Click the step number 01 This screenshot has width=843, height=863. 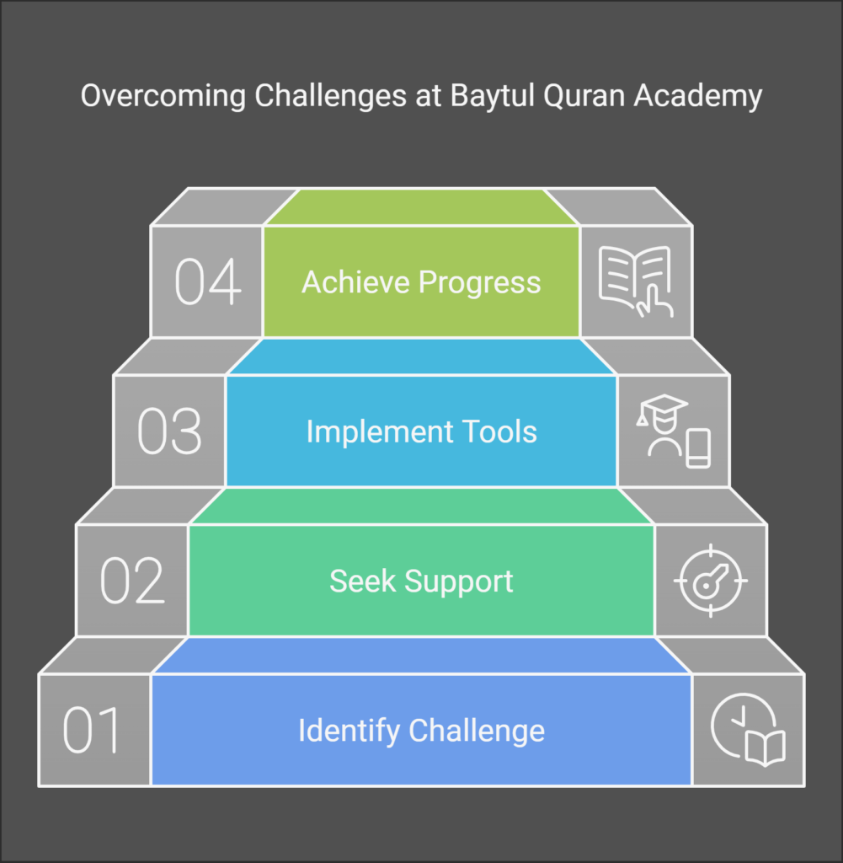point(91,729)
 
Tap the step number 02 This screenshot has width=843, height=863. point(132,580)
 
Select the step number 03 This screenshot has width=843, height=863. point(169,431)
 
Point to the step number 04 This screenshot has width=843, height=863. point(207,281)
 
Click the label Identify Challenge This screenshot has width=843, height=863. point(421,731)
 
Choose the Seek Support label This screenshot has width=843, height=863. point(421,582)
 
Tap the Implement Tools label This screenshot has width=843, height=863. point(421,431)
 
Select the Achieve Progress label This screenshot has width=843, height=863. point(421,282)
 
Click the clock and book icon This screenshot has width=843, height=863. point(749,730)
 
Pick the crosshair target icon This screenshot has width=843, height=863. point(711,580)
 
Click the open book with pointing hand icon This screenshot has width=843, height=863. point(636,281)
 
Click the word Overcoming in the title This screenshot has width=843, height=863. point(163,96)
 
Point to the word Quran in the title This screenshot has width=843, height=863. point(584,96)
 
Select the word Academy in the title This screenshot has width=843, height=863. point(698,97)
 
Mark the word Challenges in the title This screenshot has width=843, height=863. point(330,97)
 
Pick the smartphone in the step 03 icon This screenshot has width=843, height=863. point(698,448)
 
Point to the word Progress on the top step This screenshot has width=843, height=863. point(479,283)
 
